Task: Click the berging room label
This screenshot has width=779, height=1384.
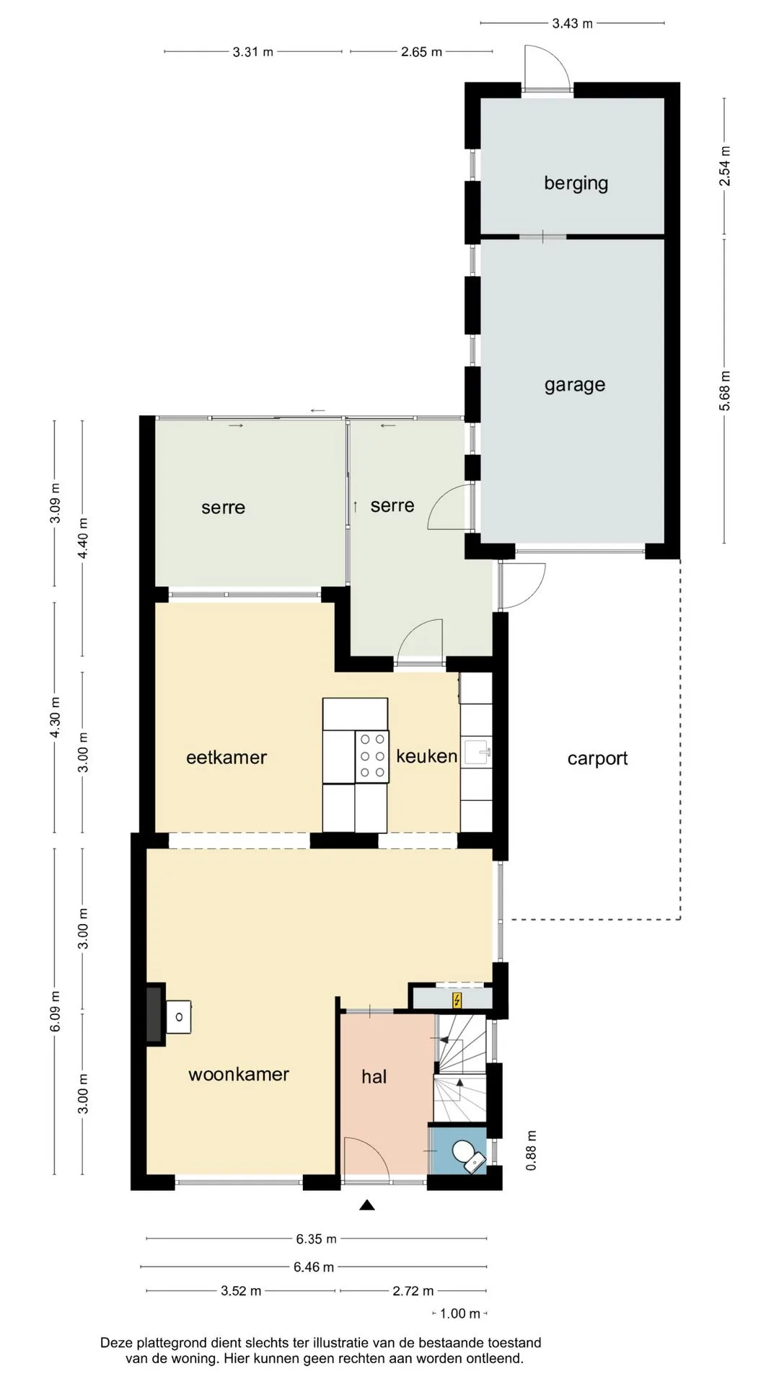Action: tap(576, 183)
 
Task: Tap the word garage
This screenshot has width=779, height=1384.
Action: tap(575, 385)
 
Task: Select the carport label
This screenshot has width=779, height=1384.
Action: tap(597, 759)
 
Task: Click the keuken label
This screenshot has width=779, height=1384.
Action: tap(426, 755)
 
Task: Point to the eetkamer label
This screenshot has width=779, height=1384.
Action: tap(226, 758)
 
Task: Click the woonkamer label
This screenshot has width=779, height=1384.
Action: tap(239, 1074)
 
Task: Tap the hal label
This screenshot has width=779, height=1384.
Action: tap(374, 1076)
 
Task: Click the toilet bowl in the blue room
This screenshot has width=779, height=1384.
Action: tap(462, 1151)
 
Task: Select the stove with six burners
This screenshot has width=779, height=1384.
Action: tap(371, 756)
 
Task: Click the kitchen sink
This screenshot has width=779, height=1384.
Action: tap(477, 753)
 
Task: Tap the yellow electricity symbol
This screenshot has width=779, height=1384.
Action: tap(457, 1000)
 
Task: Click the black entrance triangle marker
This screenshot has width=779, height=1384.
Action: tap(367, 1205)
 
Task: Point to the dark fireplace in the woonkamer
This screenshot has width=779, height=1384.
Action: tap(154, 1014)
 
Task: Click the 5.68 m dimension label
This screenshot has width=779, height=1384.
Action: tap(725, 391)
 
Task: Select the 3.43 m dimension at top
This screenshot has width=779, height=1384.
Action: tap(573, 24)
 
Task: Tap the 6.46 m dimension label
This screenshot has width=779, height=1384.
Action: tap(314, 1267)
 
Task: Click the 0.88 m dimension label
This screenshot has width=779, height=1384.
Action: tap(532, 1150)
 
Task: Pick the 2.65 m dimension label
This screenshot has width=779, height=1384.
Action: tap(422, 52)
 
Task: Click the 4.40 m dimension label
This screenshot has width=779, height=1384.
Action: tap(84, 538)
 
